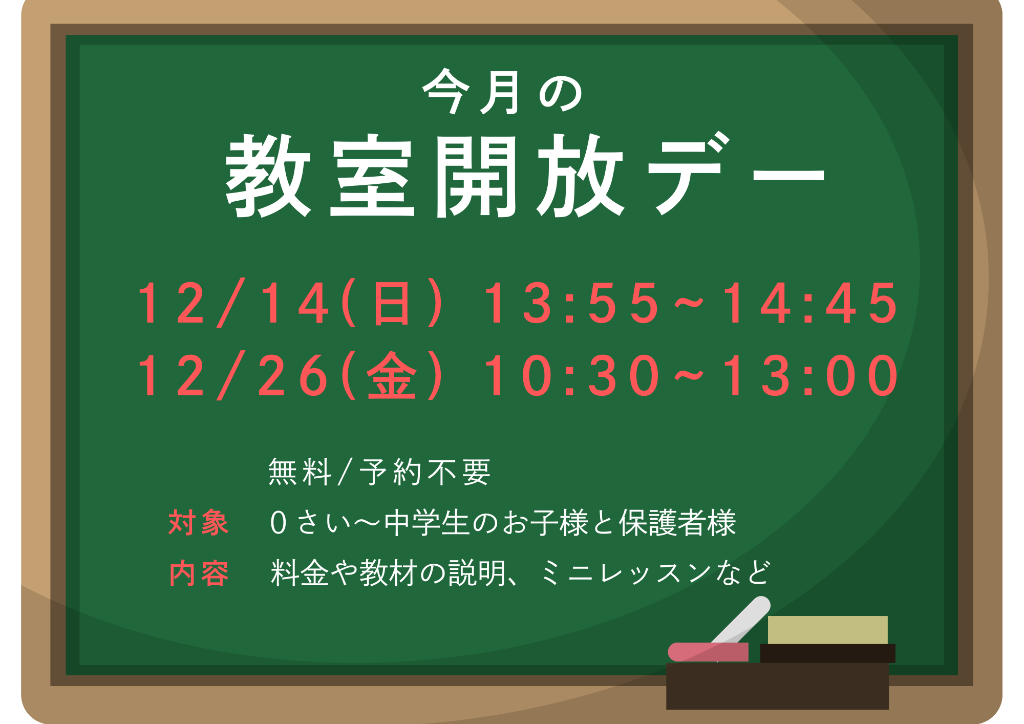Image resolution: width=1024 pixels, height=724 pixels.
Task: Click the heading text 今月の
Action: (x=502, y=92)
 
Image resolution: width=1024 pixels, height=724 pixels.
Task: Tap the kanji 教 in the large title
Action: (x=269, y=176)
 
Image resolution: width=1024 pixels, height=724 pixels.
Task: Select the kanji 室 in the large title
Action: (x=372, y=176)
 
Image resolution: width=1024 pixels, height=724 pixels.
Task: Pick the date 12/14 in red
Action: (x=233, y=303)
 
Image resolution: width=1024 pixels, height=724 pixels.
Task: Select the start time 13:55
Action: (x=571, y=303)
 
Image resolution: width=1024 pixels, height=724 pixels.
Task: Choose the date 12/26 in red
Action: (x=232, y=375)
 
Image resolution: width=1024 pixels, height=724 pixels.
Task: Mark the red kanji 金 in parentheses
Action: (x=392, y=375)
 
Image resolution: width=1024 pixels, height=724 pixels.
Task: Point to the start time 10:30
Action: (x=571, y=375)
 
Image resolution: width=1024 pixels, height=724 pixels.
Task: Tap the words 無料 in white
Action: (x=300, y=472)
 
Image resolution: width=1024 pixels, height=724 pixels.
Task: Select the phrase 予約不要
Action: (x=425, y=472)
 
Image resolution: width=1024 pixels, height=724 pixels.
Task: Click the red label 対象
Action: (x=198, y=522)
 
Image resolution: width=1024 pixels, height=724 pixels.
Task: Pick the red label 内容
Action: (x=199, y=573)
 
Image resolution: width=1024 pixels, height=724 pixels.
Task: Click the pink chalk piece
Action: (x=708, y=652)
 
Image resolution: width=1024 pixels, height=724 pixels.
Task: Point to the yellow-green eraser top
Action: (x=827, y=630)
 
